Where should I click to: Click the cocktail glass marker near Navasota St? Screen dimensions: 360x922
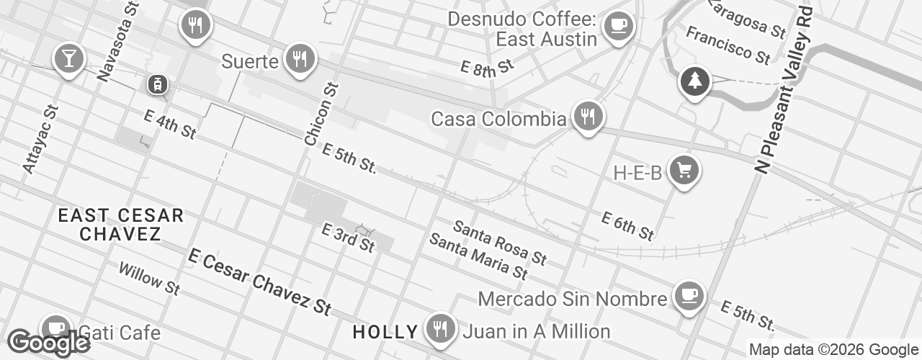pyautogui.click(x=69, y=58)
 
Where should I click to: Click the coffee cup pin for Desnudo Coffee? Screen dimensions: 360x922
pyautogui.click(x=617, y=27)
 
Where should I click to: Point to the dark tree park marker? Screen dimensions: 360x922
pyautogui.click(x=694, y=81)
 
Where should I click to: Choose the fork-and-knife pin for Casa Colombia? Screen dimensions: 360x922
pyautogui.click(x=588, y=116)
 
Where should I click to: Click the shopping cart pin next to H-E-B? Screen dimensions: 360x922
pyautogui.click(x=684, y=171)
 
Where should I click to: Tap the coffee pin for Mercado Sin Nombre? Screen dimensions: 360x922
pyautogui.click(x=689, y=296)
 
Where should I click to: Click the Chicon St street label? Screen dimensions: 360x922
pyautogui.click(x=321, y=114)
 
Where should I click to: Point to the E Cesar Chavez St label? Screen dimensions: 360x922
pyautogui.click(x=259, y=282)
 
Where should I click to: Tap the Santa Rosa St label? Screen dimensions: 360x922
pyautogui.click(x=500, y=243)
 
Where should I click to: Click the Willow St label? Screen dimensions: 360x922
pyautogui.click(x=149, y=278)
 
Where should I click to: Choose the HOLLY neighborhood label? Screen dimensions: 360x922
pyautogui.click(x=385, y=332)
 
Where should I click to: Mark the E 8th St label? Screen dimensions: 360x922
pyautogui.click(x=487, y=66)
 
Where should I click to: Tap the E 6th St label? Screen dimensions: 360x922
pyautogui.click(x=627, y=225)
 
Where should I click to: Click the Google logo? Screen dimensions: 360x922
pyautogui.click(x=48, y=343)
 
